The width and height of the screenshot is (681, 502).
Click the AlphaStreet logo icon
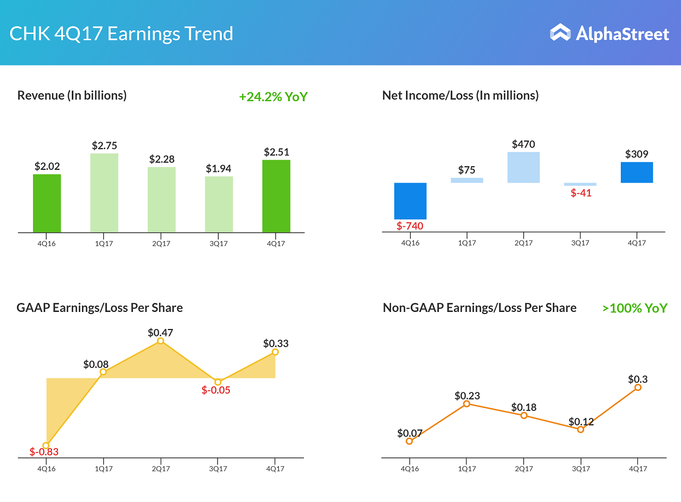point(560,32)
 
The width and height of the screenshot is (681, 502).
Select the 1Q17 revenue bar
point(104,193)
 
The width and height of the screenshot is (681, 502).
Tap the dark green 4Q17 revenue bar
point(276,196)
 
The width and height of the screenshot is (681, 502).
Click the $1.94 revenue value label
point(219,169)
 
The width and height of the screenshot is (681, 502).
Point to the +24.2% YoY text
point(273,97)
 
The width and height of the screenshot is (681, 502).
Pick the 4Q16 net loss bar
point(410,201)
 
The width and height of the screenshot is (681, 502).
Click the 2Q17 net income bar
point(524,167)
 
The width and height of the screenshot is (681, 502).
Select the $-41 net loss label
point(581,193)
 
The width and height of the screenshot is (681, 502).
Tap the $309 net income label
point(637,154)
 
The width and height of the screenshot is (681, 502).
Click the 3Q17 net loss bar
point(580,184)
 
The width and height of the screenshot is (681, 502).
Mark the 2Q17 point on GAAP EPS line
point(161,341)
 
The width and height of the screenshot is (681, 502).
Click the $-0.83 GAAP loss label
point(44,452)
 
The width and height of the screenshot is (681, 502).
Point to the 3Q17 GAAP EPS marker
point(218,382)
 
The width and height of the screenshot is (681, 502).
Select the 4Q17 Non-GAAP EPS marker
point(638,388)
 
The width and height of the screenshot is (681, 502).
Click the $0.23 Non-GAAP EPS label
point(467,396)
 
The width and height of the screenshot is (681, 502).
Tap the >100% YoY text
point(635,308)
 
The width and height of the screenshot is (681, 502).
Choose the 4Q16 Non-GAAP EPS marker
point(409,441)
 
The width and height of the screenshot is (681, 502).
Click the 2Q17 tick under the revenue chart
point(161,244)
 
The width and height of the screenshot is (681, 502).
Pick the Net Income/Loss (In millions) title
point(460,95)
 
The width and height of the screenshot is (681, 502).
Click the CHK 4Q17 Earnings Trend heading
point(121,34)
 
